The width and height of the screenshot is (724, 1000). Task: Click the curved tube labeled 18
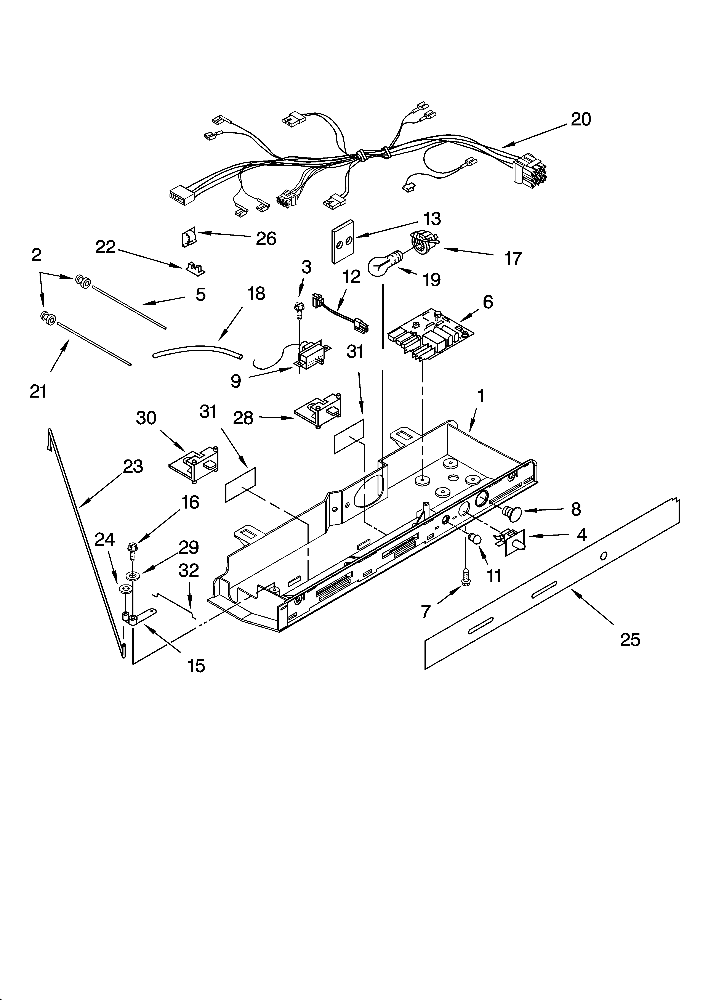point(197,352)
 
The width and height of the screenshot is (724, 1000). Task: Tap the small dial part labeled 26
point(188,239)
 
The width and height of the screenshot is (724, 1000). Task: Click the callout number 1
point(481,396)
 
